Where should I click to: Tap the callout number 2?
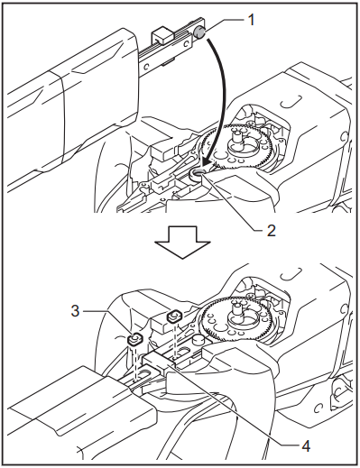tap(269, 230)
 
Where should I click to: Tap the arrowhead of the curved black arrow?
tap(207, 163)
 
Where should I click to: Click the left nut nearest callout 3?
tap(134, 340)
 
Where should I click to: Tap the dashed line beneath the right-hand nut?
tap(172, 338)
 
